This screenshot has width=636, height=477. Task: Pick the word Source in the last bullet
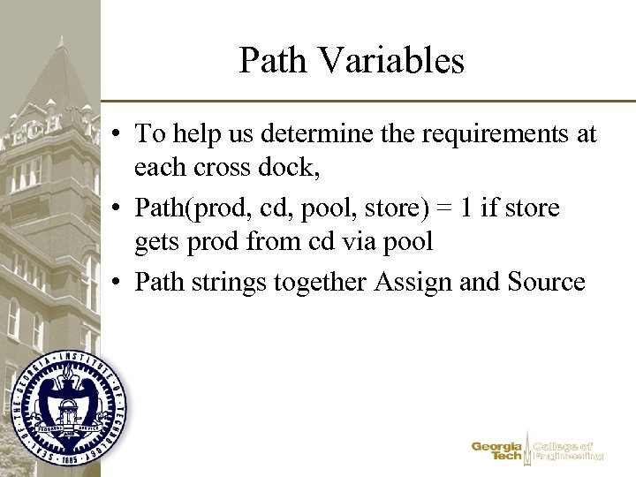click(547, 283)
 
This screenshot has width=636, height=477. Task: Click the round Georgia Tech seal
click(70, 406)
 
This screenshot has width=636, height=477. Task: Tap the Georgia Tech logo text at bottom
click(497, 450)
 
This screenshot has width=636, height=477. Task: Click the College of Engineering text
click(569, 450)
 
